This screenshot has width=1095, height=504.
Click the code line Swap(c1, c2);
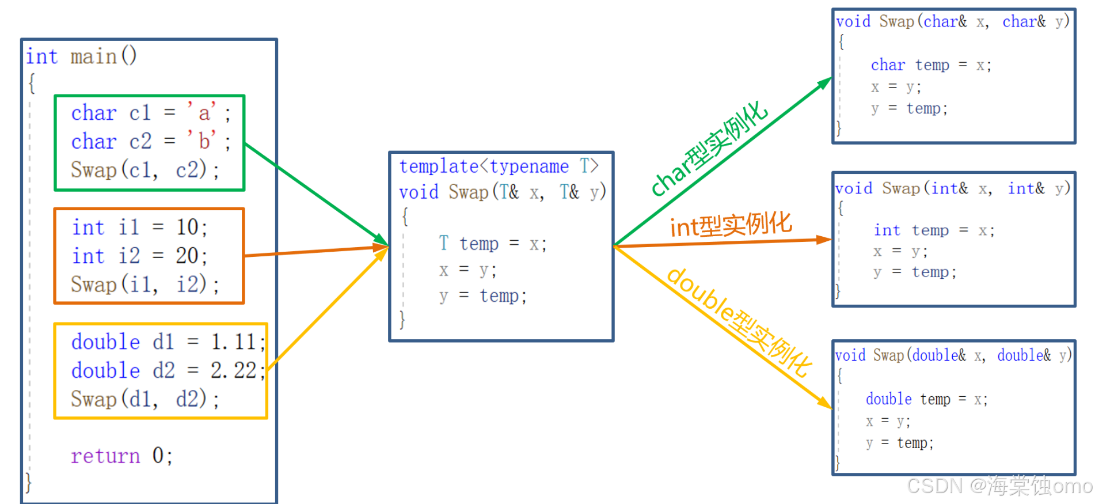145,170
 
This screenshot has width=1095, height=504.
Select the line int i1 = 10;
139,228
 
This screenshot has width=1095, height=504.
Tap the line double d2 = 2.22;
168,370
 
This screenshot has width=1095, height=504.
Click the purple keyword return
105,456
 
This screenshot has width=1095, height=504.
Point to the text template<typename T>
499,166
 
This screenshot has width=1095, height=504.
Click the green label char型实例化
709,148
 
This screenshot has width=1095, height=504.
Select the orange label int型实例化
731,225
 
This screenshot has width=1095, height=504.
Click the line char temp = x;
931,65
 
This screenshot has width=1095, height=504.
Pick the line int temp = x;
934,230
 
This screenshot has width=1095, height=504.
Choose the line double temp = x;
926,399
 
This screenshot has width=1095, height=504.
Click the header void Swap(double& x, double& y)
953,355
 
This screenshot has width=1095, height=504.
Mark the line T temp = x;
492,244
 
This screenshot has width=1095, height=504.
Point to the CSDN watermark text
999,486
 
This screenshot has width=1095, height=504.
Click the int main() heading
81,56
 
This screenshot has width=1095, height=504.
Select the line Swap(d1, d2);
145,399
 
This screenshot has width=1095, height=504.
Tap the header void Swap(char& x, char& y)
953,22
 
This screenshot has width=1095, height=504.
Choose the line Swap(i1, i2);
145,285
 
